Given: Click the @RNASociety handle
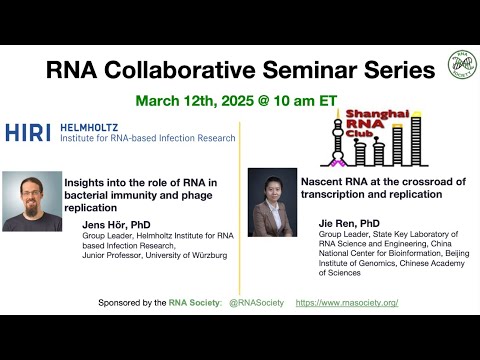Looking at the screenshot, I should [x=255, y=301].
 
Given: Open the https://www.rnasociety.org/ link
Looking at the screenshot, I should [x=347, y=301].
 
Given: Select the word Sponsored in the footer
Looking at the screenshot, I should [x=123, y=301].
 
